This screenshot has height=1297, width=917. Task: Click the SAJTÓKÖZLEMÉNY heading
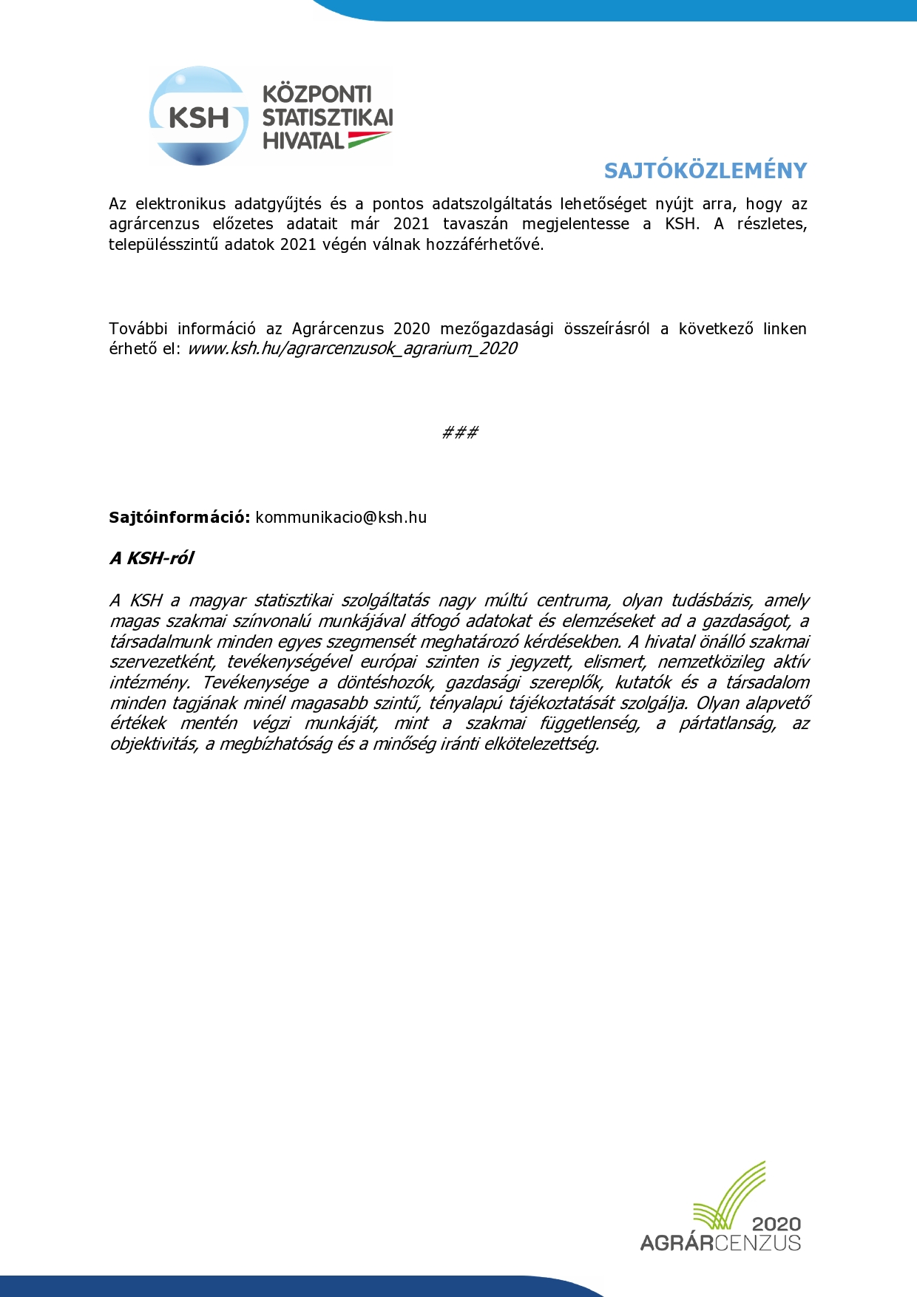(x=705, y=171)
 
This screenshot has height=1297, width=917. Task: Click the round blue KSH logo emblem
(x=198, y=116)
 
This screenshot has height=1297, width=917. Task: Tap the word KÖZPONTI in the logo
(x=317, y=94)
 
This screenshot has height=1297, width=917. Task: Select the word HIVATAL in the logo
(x=303, y=141)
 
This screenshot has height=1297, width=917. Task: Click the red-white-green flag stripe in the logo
(x=368, y=138)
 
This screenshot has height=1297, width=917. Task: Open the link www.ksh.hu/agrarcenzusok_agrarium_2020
(x=352, y=348)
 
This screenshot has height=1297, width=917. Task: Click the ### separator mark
(x=459, y=433)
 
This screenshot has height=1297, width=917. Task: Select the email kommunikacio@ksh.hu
(x=341, y=518)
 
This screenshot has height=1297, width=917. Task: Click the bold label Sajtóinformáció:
(x=180, y=518)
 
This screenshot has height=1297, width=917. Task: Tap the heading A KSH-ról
(x=152, y=558)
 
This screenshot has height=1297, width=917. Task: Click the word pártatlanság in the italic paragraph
(x=728, y=723)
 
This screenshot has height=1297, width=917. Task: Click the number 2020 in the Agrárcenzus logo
(x=776, y=1224)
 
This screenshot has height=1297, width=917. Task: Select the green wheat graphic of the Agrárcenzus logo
(x=728, y=1194)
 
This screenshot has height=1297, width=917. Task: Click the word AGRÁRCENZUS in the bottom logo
(x=720, y=1242)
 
